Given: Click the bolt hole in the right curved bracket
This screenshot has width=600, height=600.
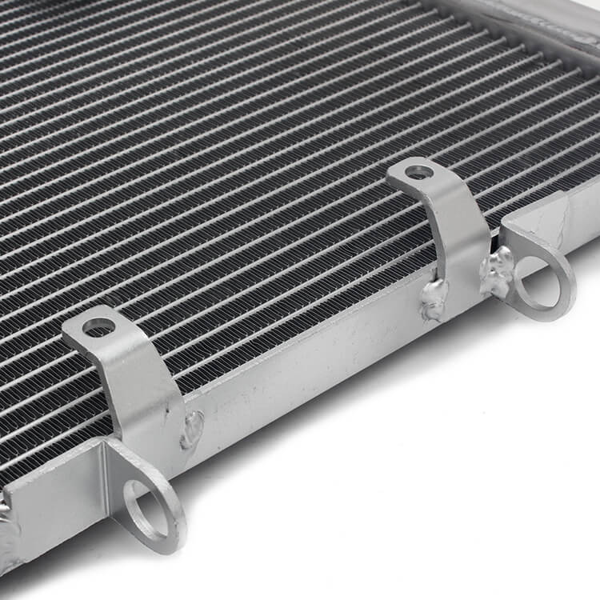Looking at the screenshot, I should coord(419,171).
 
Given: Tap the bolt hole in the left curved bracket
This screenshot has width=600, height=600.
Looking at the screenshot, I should coord(99,326).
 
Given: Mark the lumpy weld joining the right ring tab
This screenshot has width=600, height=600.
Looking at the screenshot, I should coord(498,270).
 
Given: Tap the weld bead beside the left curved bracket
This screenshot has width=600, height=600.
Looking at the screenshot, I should coord(192,429).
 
